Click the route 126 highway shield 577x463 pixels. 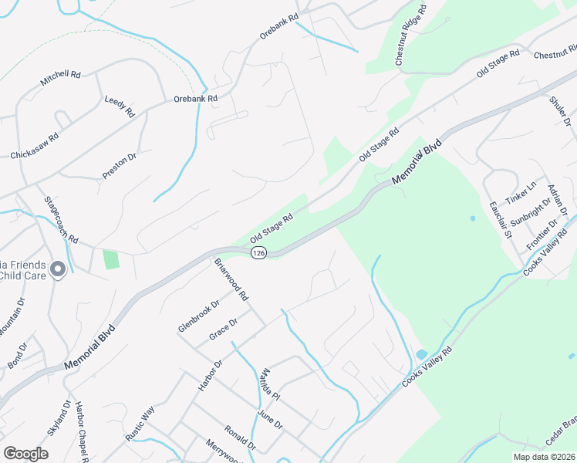259,253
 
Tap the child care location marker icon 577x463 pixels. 58,269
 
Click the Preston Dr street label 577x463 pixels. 120,167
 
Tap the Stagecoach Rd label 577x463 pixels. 61,220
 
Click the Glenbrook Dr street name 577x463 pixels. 194,316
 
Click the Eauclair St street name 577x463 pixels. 501,219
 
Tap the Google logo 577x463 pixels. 25,454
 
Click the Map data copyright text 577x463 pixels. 543,457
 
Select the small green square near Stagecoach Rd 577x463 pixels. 111,259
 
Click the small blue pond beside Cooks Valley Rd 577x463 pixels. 421,354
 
